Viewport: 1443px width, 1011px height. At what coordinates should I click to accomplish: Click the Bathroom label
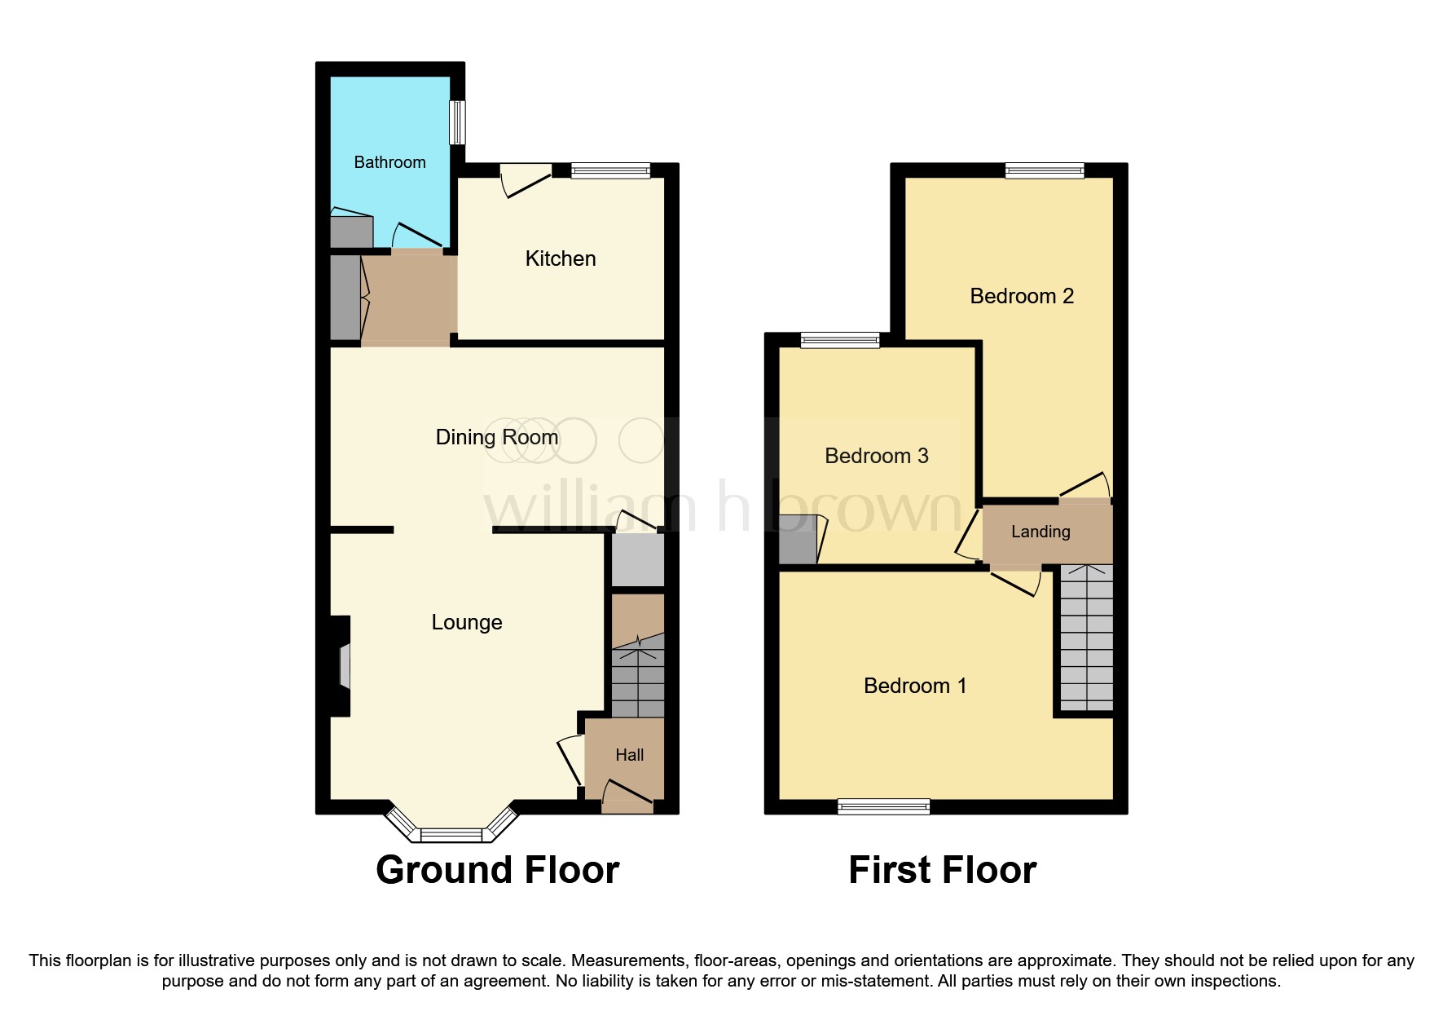tap(389, 162)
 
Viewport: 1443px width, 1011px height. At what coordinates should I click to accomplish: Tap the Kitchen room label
tap(561, 258)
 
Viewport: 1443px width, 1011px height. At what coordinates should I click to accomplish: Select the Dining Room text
tap(496, 437)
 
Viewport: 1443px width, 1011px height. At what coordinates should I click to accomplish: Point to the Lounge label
tap(466, 622)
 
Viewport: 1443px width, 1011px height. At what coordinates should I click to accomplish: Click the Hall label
tap(629, 755)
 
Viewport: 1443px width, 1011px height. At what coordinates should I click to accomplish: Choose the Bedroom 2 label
tap(1021, 296)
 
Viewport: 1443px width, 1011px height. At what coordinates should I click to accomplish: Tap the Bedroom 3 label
tap(876, 456)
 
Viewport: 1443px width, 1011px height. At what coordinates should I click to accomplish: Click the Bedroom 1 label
tap(914, 686)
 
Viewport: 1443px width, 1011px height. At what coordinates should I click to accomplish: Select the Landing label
tap(1040, 532)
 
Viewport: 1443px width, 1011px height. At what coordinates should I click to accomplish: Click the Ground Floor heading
tap(497, 870)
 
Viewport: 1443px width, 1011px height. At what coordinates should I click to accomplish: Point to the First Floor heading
tap(942, 870)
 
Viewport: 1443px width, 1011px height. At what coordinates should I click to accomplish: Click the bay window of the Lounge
tap(451, 832)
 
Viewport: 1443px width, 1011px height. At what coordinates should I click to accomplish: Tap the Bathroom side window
tap(458, 122)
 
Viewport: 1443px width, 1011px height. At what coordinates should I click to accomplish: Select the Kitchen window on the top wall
tap(610, 170)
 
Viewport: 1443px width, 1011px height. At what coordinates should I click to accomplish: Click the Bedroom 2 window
tap(1044, 170)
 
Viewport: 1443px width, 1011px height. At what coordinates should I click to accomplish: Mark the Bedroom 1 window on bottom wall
tap(883, 806)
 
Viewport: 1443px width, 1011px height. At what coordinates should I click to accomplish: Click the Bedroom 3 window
tap(839, 340)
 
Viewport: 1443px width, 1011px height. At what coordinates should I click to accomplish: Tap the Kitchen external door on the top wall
tap(526, 178)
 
